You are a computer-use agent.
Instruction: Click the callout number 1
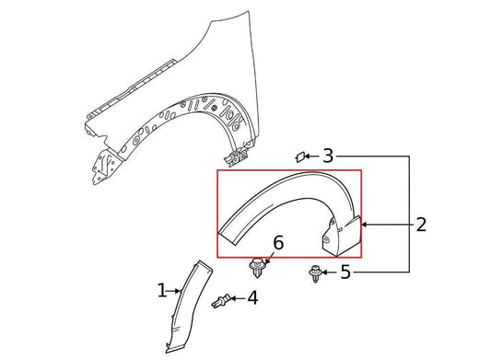(x=161, y=291)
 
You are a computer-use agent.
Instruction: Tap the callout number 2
(x=421, y=225)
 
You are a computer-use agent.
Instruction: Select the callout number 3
(x=328, y=156)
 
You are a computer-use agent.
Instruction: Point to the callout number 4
(x=252, y=297)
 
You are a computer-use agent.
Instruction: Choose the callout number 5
(x=345, y=272)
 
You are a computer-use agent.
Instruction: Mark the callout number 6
(x=278, y=243)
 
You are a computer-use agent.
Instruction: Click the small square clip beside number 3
(x=299, y=157)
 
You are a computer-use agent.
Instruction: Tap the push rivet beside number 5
(x=315, y=274)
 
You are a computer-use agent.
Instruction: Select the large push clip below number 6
(x=257, y=268)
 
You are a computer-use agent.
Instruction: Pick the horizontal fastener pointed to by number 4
(x=222, y=301)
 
